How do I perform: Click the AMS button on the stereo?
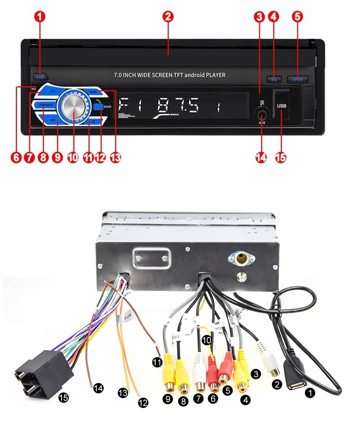tap(40, 76)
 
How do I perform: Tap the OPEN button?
tap(297, 79)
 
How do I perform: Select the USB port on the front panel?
tap(281, 106)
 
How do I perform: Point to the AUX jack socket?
tap(262, 113)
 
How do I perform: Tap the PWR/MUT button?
tap(45, 105)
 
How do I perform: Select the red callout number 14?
tap(261, 158)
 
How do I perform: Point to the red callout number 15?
tap(280, 158)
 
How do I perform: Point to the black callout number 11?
tap(157, 362)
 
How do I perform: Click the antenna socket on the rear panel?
tap(242, 259)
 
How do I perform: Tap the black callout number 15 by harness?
tap(63, 398)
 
